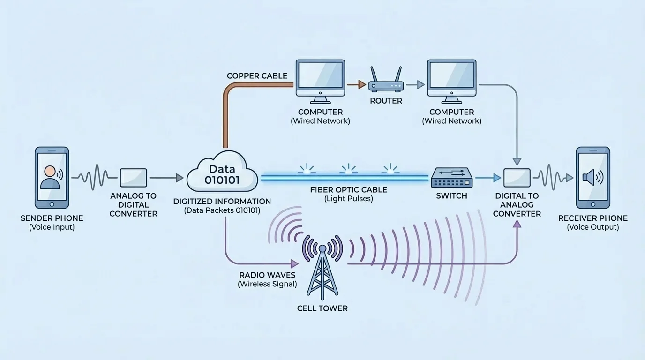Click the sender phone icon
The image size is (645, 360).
[52, 178]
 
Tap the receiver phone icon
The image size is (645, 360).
[593, 178]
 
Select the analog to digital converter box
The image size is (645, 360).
[134, 178]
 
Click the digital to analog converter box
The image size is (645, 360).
[517, 178]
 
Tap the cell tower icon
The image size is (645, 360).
[322, 272]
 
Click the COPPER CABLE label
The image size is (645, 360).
[257, 76]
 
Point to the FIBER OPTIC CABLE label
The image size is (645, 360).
[348, 190]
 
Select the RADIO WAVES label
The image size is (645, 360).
[267, 275]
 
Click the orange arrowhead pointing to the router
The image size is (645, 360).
[361, 85]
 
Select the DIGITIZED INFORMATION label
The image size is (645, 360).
[222, 202]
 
